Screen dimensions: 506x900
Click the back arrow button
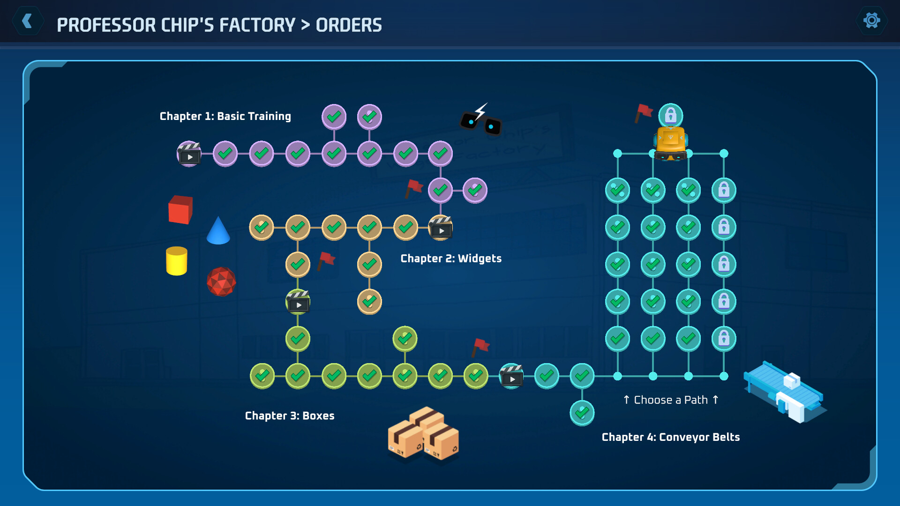[28, 21]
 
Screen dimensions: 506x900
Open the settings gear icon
[871, 21]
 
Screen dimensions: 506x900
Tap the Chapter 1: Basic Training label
[225, 116]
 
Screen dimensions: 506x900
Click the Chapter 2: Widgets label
[451, 259]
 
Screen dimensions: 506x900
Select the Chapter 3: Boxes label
[290, 416]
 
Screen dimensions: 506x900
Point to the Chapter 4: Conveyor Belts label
[671, 437]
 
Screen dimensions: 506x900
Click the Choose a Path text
[671, 400]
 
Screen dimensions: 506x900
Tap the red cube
[180, 209]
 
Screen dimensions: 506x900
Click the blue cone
[218, 231]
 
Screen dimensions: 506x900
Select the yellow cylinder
[177, 261]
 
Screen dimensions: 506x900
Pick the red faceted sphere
[221, 282]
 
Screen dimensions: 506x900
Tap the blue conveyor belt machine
[785, 391]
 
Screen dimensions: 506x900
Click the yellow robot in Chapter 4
[671, 143]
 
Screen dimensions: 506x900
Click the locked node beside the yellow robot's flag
[671, 115]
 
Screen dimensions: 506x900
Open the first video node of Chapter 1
[189, 154]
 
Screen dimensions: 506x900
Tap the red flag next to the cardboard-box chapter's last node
[480, 347]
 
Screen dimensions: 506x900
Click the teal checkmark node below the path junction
[582, 413]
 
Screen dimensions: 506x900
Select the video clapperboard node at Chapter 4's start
[511, 376]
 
